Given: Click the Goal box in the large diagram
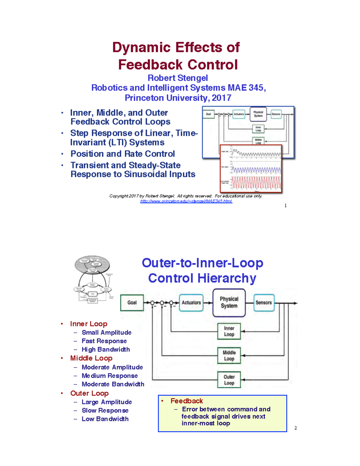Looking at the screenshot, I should [x=132, y=302].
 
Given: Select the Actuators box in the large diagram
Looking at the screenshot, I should [x=191, y=302].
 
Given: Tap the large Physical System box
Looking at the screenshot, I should [x=229, y=302].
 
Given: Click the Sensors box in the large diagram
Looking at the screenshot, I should [x=263, y=302].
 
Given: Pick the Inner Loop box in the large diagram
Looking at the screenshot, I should [x=229, y=331].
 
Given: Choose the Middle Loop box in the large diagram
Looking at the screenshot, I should [x=229, y=356].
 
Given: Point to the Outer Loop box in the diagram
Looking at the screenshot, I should [x=229, y=380].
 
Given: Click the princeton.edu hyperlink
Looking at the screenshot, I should [x=186, y=201].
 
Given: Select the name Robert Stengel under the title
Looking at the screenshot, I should [x=178, y=78].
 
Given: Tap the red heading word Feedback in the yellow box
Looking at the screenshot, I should [x=187, y=401].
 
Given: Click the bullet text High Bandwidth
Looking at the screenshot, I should [x=106, y=350].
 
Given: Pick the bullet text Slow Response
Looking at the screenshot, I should [x=105, y=410].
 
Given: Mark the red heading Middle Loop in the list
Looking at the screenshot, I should [x=91, y=358].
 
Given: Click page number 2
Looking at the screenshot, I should [x=295, y=428].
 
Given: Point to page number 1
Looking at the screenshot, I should [x=285, y=206].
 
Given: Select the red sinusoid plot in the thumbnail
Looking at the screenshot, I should [x=256, y=182].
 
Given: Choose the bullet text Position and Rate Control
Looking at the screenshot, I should [x=122, y=154].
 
